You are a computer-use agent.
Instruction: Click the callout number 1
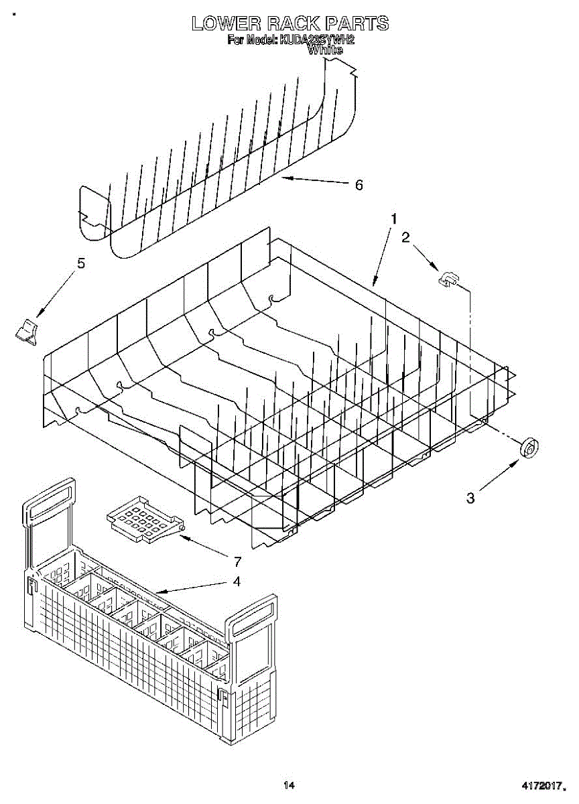(395, 219)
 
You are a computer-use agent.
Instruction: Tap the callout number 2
(405, 237)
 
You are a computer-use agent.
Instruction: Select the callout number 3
(470, 498)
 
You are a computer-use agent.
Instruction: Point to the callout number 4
(236, 582)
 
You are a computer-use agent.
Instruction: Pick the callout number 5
(81, 263)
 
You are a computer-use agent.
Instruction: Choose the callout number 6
(359, 185)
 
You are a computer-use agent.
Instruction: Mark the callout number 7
(237, 561)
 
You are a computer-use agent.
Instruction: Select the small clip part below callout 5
(27, 331)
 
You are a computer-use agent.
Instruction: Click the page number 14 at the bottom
(289, 785)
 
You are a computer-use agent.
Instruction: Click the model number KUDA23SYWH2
(317, 40)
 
